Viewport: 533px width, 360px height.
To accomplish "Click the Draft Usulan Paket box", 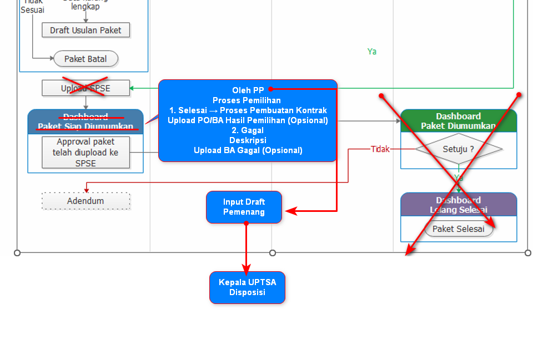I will pos(86,30).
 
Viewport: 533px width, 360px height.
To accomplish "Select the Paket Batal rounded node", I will pos(86,59).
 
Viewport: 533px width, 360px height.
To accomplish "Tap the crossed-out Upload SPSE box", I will pos(86,88).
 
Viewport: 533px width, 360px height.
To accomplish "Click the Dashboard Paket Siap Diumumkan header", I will pos(86,121).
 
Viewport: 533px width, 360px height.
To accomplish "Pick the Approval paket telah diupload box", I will pos(86,153).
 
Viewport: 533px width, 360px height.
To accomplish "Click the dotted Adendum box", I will pos(86,201).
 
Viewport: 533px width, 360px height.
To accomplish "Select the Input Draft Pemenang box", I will pos(244,207).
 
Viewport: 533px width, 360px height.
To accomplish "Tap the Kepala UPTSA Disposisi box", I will pos(247,287).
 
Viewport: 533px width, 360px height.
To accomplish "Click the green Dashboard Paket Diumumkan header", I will pos(459,121).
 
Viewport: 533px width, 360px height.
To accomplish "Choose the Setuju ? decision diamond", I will pos(459,149).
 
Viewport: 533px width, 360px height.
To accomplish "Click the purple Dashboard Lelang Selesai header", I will pos(459,205).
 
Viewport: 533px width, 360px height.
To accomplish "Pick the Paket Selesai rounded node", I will pos(459,229).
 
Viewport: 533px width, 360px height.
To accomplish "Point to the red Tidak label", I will pos(380,149).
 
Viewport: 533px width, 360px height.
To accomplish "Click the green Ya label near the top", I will pos(372,52).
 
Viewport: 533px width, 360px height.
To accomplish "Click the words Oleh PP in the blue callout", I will pos(248,90).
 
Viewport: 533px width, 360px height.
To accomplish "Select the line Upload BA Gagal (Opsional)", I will pos(248,150).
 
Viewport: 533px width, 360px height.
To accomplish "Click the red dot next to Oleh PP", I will pos(270,89).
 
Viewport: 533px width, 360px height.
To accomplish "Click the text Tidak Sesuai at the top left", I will pos(33,6).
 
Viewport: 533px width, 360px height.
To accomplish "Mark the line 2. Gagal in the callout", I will pos(248,130).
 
